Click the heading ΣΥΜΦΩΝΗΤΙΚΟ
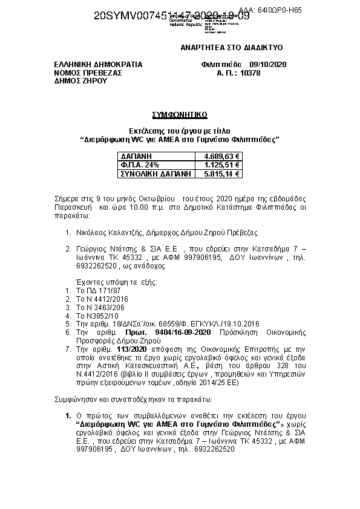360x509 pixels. click(x=179, y=114)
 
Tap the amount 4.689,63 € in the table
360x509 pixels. click(x=222, y=156)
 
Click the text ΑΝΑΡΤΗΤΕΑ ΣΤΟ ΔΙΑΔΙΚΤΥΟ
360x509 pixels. click(x=232, y=48)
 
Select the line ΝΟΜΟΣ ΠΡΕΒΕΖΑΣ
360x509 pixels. click(x=88, y=73)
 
